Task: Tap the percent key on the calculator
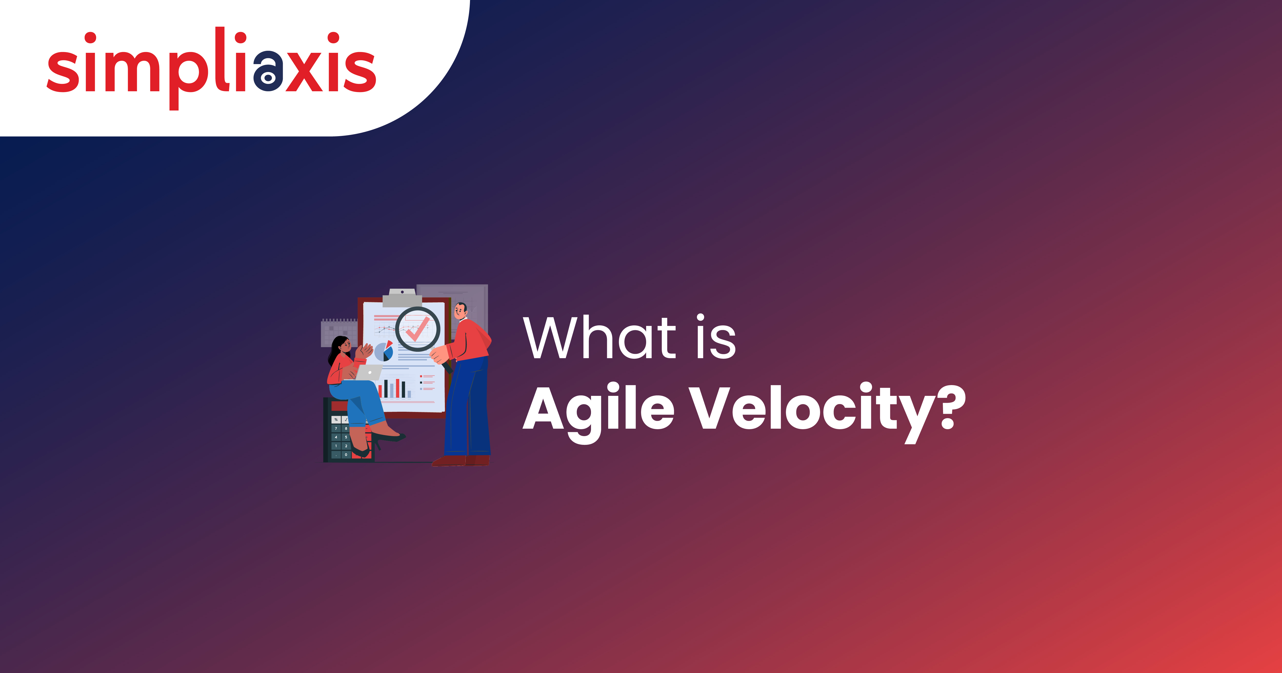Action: (x=336, y=420)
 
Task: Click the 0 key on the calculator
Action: (x=346, y=455)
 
